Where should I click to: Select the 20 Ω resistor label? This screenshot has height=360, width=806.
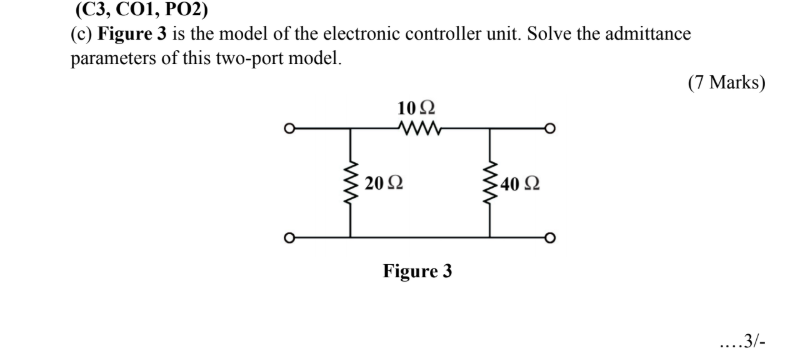(x=384, y=183)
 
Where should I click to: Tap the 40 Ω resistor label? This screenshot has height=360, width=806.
(x=522, y=183)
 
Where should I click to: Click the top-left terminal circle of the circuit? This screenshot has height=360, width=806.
(x=289, y=128)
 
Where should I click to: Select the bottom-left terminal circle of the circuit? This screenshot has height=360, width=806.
(x=289, y=238)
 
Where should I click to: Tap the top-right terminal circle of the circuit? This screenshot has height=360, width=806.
(x=548, y=128)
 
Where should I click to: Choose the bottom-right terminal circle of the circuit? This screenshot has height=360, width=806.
(x=548, y=238)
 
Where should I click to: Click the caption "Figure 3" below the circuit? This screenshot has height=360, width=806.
(x=418, y=271)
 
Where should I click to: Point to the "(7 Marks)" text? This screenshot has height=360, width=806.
(x=726, y=83)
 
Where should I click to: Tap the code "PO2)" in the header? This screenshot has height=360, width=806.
(x=200, y=12)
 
